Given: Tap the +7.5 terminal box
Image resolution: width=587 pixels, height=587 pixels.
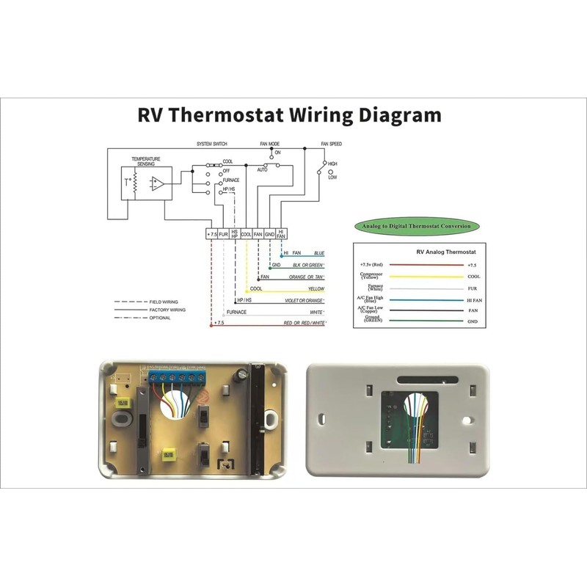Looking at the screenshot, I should point(211,234).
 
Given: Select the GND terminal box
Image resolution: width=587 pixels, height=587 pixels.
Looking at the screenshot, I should point(269,234).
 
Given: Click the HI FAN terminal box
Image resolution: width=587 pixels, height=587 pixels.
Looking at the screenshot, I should point(281,234).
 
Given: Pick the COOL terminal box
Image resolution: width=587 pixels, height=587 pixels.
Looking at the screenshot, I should point(247,234).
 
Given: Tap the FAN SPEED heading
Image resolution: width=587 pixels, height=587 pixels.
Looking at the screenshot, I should point(331,144).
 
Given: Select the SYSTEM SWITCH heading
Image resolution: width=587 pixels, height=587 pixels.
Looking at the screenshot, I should point(211,144).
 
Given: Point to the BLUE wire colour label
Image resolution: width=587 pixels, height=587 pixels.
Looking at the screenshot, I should point(319,252).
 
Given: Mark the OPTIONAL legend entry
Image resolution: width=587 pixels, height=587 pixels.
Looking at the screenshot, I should point(161,318).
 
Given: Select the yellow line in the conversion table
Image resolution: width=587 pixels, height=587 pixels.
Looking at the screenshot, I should point(426,277).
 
